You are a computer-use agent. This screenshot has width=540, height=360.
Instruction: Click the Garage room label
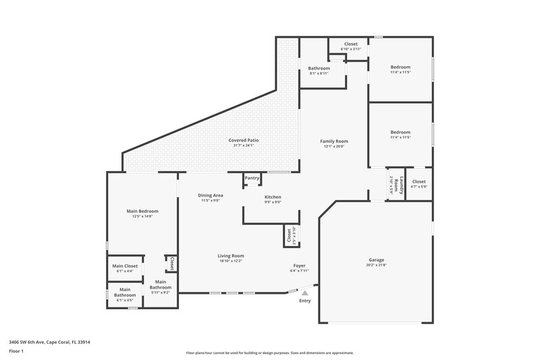coord(376,259)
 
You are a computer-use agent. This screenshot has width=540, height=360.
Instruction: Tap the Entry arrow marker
coord(305,293)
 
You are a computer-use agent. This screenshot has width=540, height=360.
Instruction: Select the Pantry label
coord(252,178)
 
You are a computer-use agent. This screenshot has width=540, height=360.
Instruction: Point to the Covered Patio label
coord(244,140)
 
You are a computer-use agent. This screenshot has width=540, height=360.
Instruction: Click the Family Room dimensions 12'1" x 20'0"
coord(333,146)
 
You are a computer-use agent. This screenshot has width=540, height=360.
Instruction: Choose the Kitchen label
coord(272,197)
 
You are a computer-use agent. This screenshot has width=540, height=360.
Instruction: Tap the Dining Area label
coord(211,195)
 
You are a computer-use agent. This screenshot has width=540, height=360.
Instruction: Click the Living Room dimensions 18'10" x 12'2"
coord(230,261)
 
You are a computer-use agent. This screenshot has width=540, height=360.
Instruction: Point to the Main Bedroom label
coord(142,211)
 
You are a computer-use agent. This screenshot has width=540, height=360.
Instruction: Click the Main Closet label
coord(125,265)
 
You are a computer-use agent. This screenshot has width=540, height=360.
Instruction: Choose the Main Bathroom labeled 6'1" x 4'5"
coord(125,294)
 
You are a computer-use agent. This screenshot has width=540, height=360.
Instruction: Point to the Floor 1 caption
coord(16,352)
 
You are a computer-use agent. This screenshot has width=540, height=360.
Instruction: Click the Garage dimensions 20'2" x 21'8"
coord(376,265)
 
